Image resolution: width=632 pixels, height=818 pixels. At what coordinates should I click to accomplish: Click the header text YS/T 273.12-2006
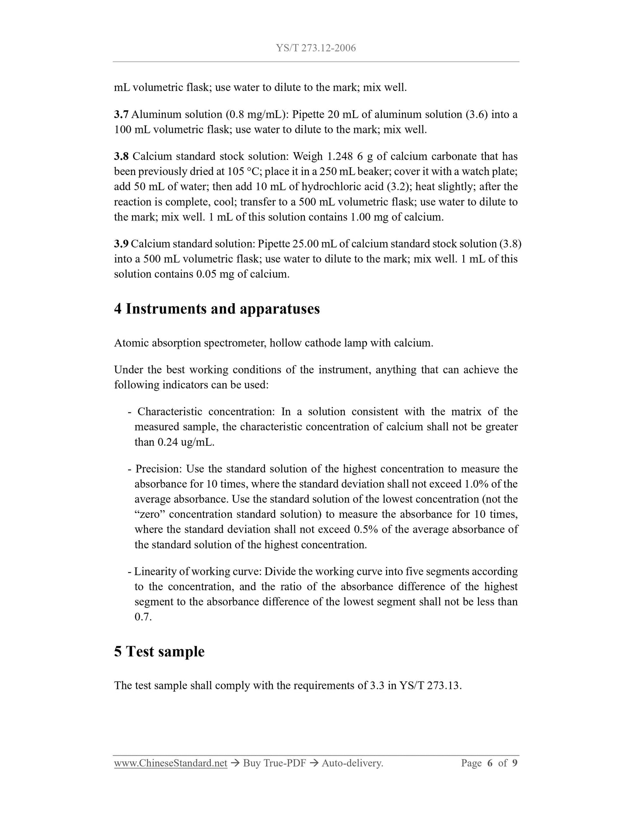(x=316, y=48)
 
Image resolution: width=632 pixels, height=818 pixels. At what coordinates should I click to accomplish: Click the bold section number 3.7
(x=121, y=115)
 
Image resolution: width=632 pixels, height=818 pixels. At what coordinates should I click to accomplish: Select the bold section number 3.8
(x=121, y=157)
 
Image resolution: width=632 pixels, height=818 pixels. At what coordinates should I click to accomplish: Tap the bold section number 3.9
(x=121, y=244)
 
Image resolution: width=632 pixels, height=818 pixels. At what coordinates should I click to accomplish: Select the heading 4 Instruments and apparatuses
(x=217, y=309)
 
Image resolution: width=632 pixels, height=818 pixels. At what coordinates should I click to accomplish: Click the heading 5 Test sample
(x=159, y=651)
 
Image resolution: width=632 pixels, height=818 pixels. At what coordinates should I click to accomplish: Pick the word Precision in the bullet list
(x=158, y=469)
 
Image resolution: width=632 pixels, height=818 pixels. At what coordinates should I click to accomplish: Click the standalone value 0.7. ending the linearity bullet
(x=143, y=617)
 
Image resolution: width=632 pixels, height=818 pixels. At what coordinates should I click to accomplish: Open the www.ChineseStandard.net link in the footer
(x=171, y=763)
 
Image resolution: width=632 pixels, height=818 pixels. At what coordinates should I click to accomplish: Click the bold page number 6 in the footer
(x=489, y=763)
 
